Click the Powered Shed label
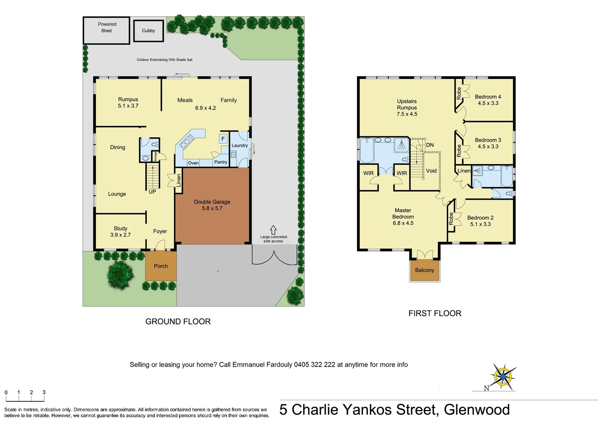click(107, 27)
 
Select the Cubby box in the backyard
click(148, 31)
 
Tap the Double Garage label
click(212, 202)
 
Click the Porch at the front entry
click(161, 266)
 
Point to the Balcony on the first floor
click(425, 270)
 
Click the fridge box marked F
click(223, 139)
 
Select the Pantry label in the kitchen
click(221, 162)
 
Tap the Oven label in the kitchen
click(193, 163)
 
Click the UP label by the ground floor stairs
click(152, 192)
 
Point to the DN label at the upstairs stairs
click(430, 145)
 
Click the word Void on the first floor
click(431, 171)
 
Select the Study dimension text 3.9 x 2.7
click(121, 235)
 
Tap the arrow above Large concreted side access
click(273, 230)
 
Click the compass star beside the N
click(503, 376)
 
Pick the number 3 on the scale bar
click(44, 392)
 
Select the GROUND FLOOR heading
click(178, 322)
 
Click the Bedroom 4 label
click(488, 97)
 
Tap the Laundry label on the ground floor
click(240, 145)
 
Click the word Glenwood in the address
click(477, 410)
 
